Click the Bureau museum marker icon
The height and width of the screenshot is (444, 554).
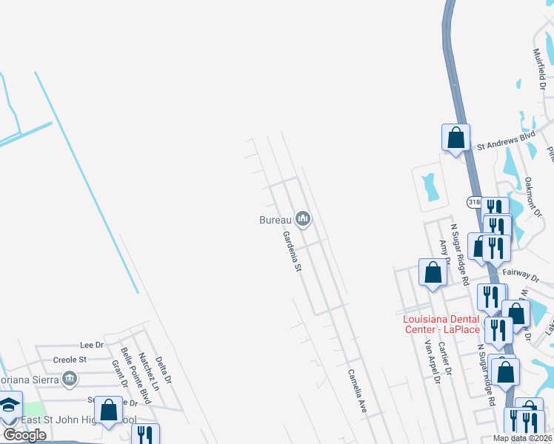tap(302, 218)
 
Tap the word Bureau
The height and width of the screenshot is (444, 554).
tap(275, 219)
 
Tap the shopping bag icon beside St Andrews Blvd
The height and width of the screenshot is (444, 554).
tap(455, 138)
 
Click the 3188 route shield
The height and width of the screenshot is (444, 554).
tap(475, 201)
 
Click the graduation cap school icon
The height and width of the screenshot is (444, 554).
tap(9, 406)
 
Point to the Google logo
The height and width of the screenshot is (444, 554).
tap(24, 435)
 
